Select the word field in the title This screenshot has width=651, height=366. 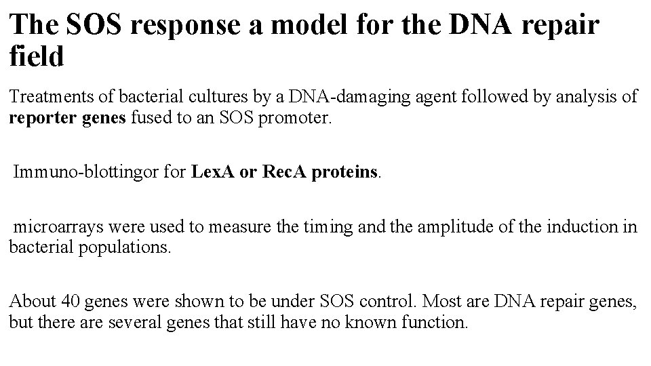[x=37, y=56]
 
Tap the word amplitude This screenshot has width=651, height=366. [x=443, y=226]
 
